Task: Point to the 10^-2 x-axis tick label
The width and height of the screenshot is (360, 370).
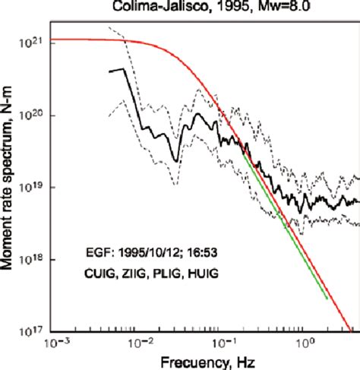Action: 138,343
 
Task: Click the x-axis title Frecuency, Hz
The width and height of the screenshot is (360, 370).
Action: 203,360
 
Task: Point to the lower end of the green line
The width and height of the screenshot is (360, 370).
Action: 327,299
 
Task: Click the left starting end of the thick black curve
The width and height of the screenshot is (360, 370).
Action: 110,71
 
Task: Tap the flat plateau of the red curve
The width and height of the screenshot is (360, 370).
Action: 84,40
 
